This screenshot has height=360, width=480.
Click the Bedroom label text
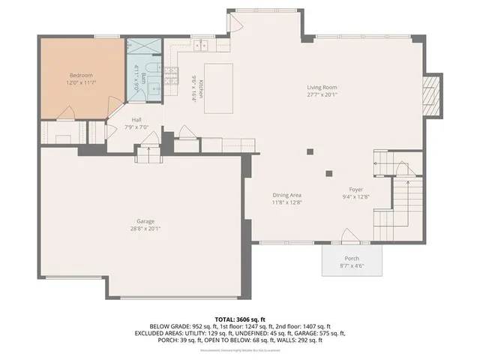point(81,76)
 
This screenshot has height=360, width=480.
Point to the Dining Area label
point(286,195)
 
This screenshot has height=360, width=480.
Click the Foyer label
point(356,190)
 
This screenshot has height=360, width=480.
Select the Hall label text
point(136,120)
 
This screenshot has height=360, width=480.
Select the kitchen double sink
point(201,46)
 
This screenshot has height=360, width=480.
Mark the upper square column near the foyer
point(310,152)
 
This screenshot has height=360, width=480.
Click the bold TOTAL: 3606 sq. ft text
point(240,319)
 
